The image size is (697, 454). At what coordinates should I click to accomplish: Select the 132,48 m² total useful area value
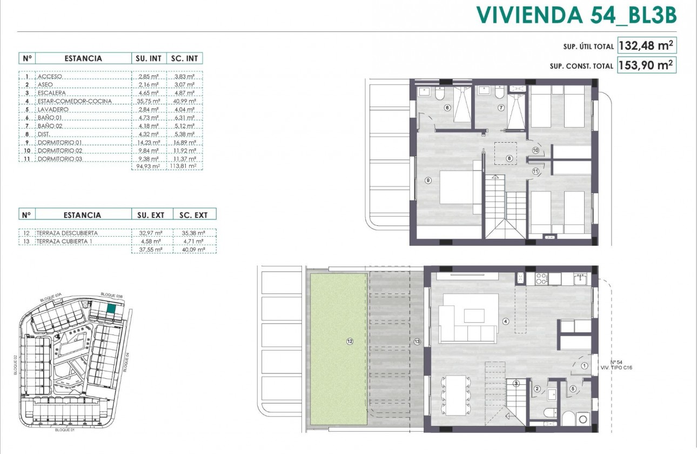coord(646,45)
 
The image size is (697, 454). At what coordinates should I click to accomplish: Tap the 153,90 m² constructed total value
coord(646,65)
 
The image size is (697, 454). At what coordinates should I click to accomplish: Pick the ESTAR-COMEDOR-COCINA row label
coord(75,101)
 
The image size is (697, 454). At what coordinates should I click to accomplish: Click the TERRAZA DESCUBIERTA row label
coord(68,233)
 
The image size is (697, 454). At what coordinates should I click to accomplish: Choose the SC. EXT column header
coord(193,215)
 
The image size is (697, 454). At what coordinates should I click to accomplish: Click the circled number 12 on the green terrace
coord(350,341)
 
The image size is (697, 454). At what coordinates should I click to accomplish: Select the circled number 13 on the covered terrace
coord(417,341)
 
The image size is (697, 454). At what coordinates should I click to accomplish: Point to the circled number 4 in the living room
coord(506,321)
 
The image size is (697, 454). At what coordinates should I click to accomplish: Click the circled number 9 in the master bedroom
coord(428,181)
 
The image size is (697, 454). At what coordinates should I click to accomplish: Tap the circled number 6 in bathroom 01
coord(447,108)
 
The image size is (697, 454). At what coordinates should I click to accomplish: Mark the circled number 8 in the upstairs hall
coord(508,158)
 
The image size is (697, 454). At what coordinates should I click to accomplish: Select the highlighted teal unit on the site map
coord(111,309)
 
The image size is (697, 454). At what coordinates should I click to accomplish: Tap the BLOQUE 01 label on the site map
coord(64,430)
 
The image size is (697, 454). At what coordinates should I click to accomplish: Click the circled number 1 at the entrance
coord(585,365)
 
